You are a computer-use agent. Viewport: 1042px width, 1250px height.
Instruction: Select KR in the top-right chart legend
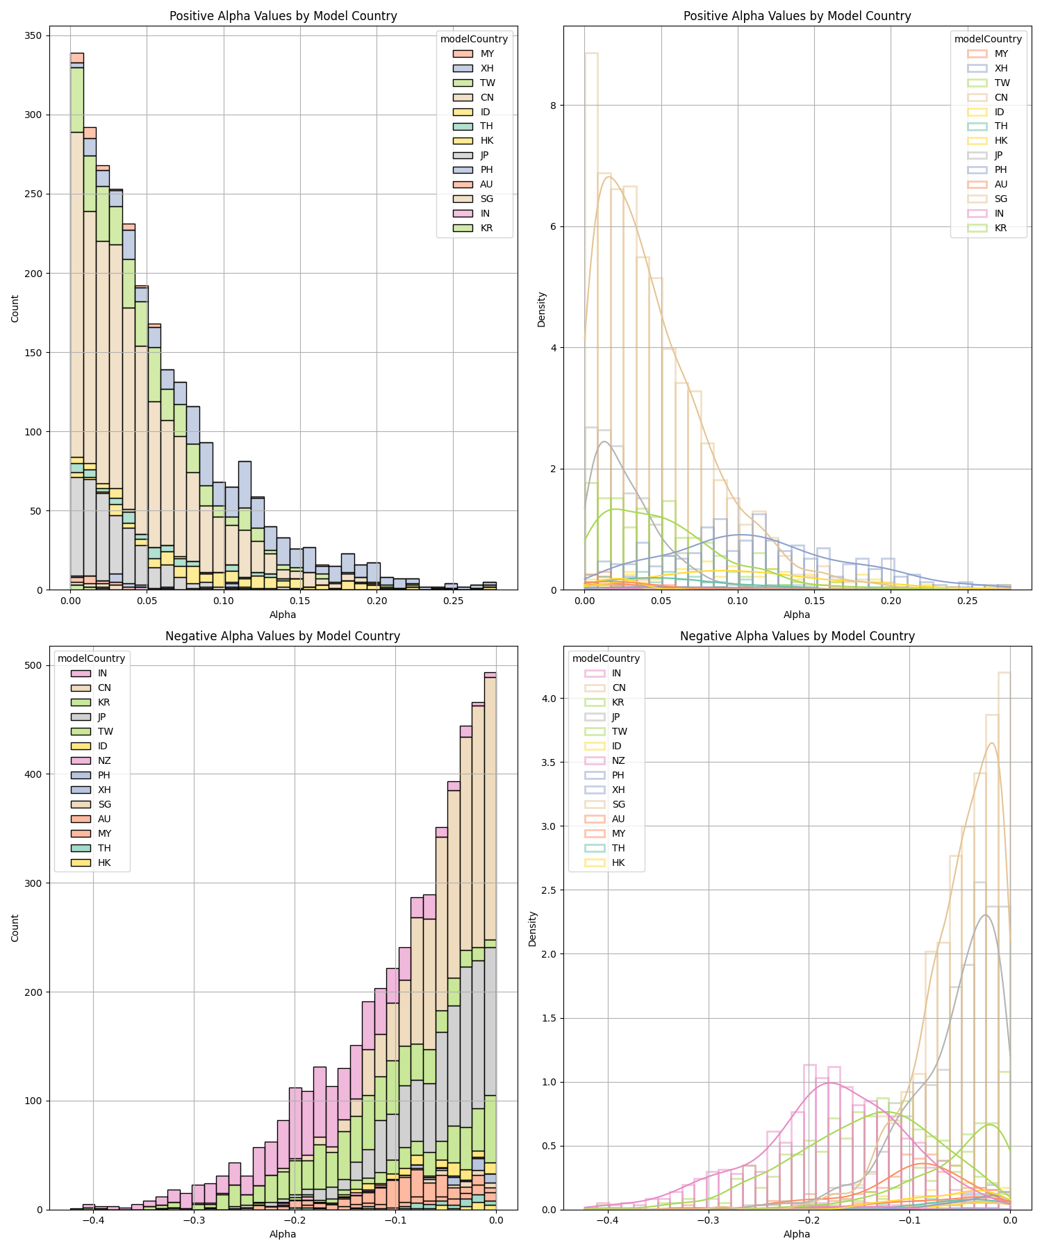(x=1000, y=228)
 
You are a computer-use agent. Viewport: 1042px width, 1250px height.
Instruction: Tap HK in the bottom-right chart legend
(x=618, y=862)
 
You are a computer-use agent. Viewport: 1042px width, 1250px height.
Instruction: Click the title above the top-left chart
(x=283, y=16)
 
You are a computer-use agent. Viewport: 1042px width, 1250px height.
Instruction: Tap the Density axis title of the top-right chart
(x=542, y=309)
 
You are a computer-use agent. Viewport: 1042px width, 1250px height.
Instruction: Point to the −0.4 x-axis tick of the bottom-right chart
(x=607, y=1219)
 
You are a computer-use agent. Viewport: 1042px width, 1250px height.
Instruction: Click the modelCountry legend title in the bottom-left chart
(x=91, y=658)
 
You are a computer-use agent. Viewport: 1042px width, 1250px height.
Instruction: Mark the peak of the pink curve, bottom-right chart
(x=829, y=1083)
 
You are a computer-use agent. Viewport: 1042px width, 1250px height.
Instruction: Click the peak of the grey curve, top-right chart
(x=604, y=442)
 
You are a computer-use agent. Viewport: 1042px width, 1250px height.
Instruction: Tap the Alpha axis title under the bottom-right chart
(x=797, y=1234)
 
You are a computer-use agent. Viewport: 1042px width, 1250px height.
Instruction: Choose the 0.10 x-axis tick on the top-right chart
(x=738, y=600)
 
